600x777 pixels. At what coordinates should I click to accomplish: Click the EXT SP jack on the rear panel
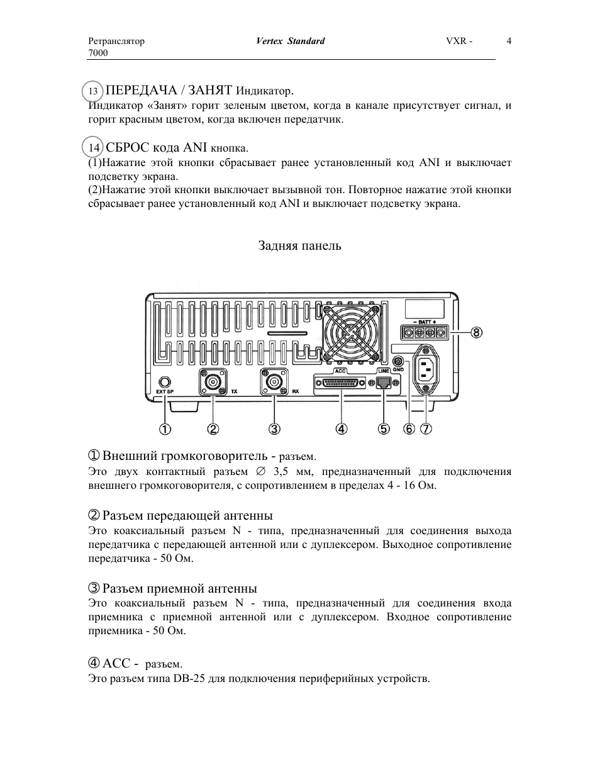[165, 381]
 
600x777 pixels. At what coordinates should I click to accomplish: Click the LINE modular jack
[383, 382]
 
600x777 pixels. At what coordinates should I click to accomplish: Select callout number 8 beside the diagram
[477, 332]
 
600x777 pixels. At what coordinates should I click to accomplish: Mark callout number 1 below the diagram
[165, 429]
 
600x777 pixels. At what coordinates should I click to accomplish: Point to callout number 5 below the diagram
[384, 429]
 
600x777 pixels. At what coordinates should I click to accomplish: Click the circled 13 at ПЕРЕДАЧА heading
[93, 92]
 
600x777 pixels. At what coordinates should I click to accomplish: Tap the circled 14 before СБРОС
[94, 148]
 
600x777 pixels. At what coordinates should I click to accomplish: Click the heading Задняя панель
[299, 246]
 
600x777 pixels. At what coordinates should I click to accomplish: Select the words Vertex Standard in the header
[291, 42]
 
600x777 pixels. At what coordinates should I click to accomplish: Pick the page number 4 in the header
[509, 42]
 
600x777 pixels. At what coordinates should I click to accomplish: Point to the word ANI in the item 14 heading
[195, 148]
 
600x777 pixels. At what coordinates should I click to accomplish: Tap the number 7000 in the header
[97, 53]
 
